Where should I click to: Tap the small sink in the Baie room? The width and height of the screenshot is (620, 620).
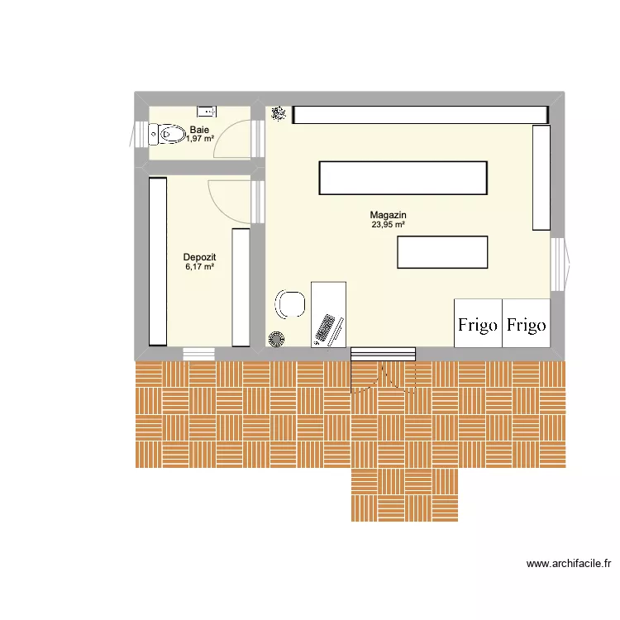point(205,111)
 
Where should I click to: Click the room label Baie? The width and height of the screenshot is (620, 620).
point(199,130)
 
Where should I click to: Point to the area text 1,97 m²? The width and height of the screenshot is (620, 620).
point(199,139)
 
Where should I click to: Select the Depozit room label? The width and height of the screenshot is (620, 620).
point(199,257)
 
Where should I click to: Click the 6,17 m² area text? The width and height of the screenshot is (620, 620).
point(199,267)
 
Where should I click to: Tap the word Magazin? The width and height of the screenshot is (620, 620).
point(389,215)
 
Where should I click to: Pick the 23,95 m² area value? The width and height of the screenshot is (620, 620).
point(389,225)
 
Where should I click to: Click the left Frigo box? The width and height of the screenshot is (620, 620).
point(478,323)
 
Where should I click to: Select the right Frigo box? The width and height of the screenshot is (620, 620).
point(526,323)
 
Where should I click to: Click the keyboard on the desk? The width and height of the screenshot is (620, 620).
point(327,329)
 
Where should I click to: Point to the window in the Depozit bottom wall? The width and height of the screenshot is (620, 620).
point(198,354)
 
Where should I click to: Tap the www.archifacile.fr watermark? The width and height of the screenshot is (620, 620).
point(569,565)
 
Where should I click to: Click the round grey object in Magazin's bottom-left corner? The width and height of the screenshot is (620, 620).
point(275,338)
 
